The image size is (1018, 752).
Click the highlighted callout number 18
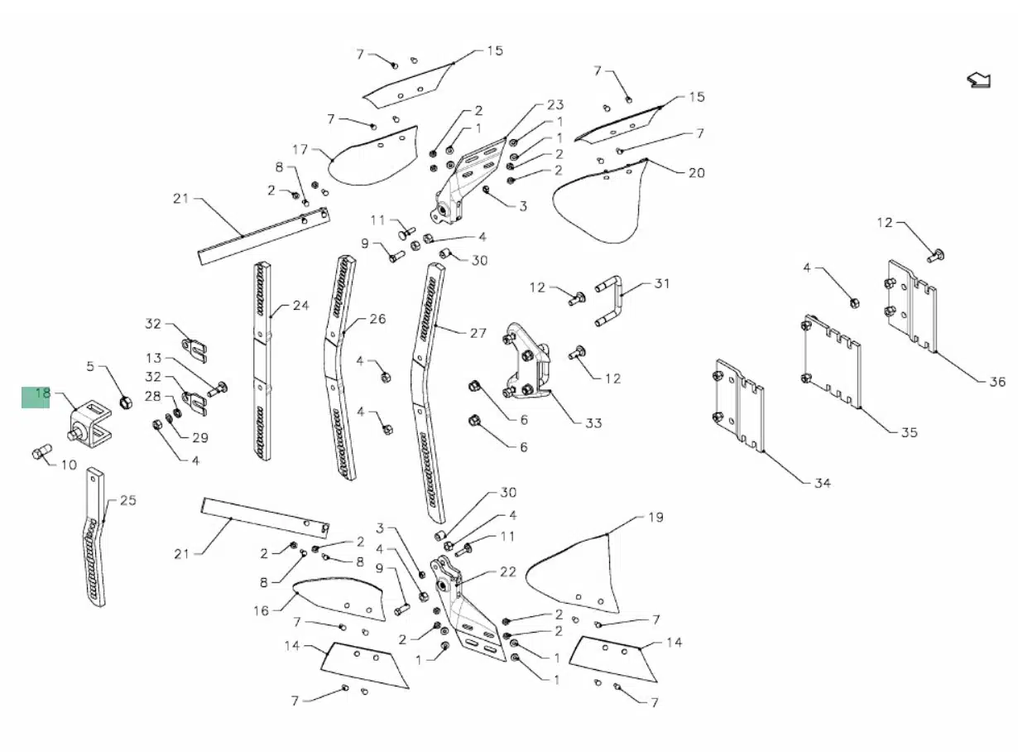[x=42, y=393]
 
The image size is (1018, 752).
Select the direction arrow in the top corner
[x=979, y=80]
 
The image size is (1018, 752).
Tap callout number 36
[x=997, y=381]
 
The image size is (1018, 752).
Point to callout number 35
[x=909, y=432]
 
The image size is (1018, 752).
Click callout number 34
[x=823, y=483]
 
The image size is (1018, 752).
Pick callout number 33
[x=593, y=422]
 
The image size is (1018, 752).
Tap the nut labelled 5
[x=126, y=403]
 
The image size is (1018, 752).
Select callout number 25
[x=128, y=500]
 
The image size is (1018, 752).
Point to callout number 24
[x=300, y=306]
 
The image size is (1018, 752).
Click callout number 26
[x=377, y=319]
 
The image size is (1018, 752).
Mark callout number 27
[x=478, y=333]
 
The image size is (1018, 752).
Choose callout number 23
[x=555, y=104]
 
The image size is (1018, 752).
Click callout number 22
[x=508, y=572]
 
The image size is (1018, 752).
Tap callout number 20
[x=696, y=173]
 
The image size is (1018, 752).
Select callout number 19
[x=655, y=518]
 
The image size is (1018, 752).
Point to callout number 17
[x=300, y=149]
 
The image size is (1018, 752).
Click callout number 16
[x=262, y=610]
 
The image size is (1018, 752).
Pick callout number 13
[x=154, y=358]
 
